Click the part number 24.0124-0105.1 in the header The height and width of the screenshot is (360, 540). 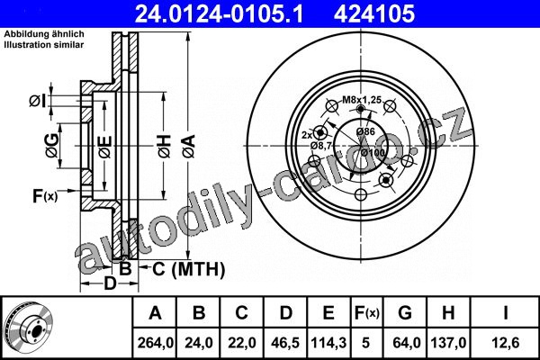tap(219, 13)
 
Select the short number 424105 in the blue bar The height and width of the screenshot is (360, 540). tap(374, 13)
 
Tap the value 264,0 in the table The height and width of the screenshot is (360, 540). tap(155, 343)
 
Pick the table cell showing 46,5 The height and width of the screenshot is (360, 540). tap(285, 343)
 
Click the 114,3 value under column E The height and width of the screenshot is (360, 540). tap(328, 343)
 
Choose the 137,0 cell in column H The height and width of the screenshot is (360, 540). tap(448, 343)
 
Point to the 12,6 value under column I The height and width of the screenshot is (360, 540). tap(505, 343)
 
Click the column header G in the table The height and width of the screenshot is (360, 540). tap(405, 313)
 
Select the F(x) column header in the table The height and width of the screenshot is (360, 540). tap(367, 313)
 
